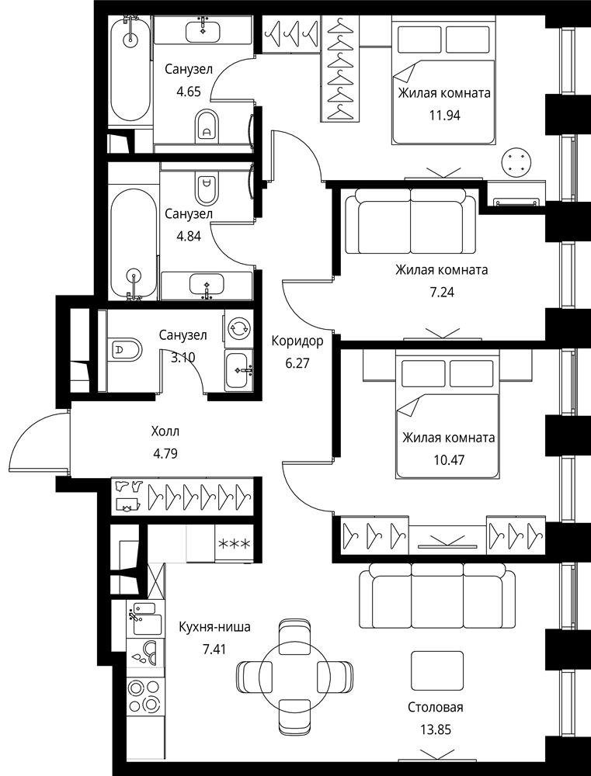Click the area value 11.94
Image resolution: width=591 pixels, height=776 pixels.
444,116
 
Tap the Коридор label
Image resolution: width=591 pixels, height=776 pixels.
297,341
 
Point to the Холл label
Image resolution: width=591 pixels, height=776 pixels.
165,431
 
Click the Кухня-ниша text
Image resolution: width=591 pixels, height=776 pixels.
214,627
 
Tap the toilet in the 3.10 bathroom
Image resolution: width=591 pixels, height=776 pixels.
123,350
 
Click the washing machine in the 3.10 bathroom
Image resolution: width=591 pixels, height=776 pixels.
238,327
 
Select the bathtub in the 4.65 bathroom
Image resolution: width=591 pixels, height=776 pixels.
130,68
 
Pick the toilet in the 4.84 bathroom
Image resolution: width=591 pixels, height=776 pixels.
207,189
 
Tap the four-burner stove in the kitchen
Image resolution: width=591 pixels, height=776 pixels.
144,695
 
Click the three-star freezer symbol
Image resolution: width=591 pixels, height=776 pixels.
235,544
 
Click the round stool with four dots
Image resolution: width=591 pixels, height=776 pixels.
518,161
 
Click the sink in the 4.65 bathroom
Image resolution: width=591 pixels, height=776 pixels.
204,32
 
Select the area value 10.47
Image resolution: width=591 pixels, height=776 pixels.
448,459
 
